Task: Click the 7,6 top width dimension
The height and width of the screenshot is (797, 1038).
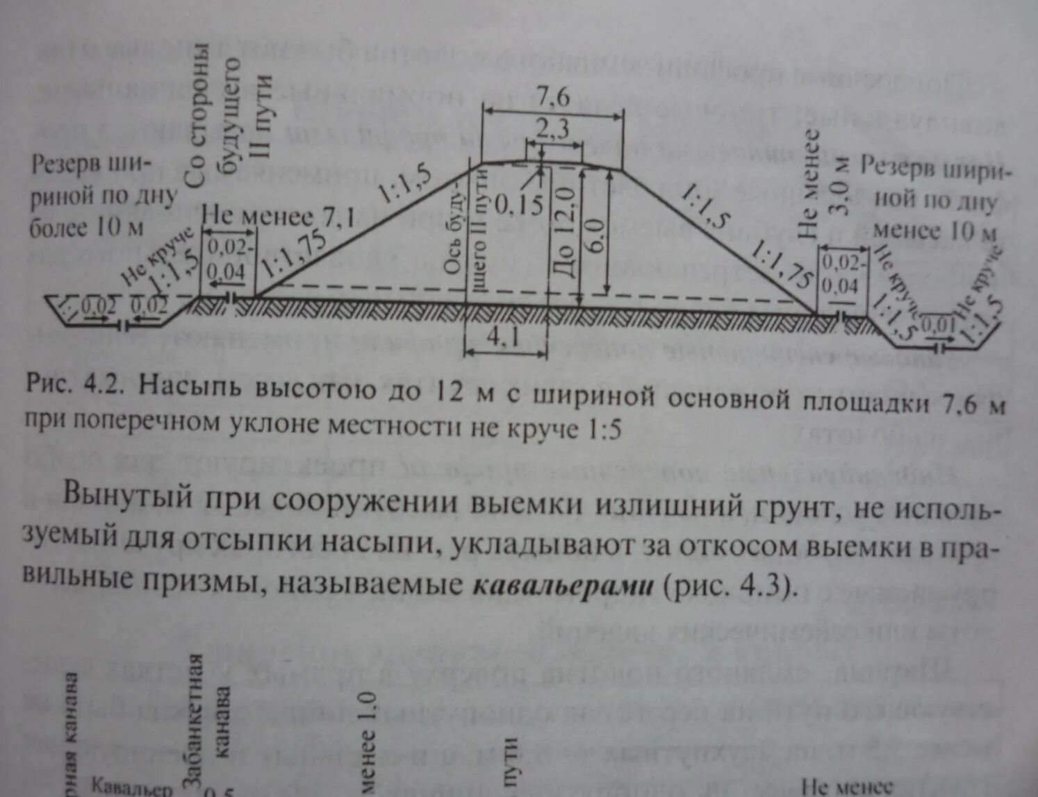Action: pos(552,96)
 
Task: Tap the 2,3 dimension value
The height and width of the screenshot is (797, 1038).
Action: pos(552,128)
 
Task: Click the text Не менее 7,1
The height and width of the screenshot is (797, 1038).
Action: pos(278,217)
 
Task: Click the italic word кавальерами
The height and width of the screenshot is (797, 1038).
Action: pos(563,585)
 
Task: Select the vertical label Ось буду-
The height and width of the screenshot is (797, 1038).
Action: pos(455,229)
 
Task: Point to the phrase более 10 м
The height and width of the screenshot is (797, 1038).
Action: pos(87,227)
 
